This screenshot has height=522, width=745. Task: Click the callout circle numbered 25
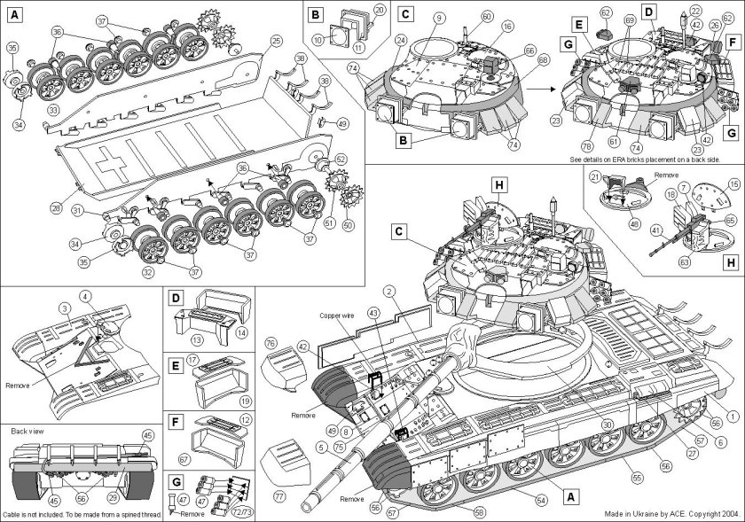tap(276, 41)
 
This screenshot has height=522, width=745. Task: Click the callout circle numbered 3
tap(65, 307)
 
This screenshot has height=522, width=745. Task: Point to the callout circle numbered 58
tap(480, 512)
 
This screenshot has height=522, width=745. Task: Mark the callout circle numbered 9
tap(438, 17)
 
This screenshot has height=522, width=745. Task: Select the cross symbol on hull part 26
tap(112, 166)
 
